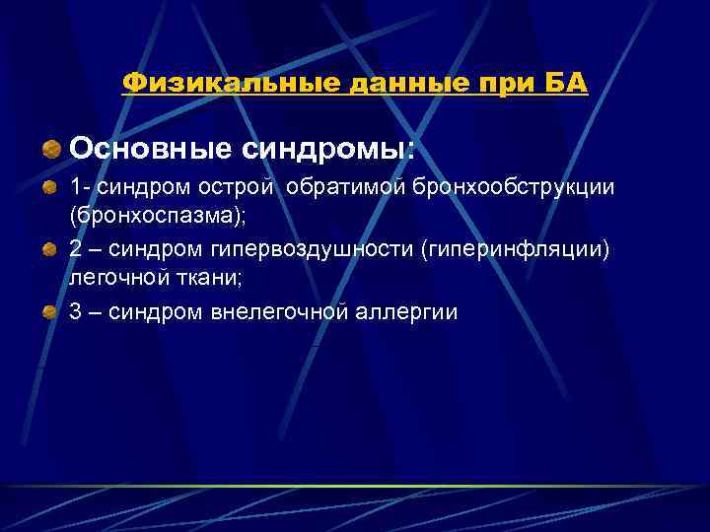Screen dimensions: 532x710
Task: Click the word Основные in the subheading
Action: tap(148, 149)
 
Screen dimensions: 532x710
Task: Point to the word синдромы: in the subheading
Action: tap(324, 149)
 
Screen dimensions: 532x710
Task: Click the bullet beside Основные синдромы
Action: tap(51, 150)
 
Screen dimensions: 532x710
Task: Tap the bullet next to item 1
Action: tap(51, 187)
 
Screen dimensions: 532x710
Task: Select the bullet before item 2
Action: tap(51, 250)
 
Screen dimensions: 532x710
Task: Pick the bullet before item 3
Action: tap(51, 313)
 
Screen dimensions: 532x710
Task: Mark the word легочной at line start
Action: tap(114, 277)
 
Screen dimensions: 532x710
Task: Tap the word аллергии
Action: tap(404, 313)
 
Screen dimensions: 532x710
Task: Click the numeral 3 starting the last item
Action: tap(76, 313)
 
